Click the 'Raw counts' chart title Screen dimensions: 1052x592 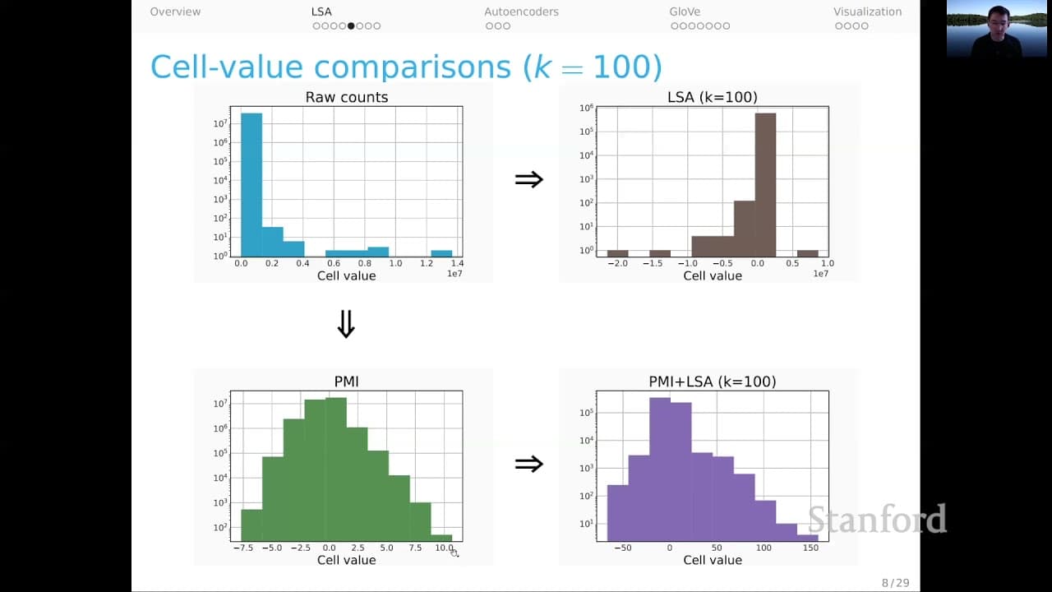pos(347,97)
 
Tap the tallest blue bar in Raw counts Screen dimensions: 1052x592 pos(251,185)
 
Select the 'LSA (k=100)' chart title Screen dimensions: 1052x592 pos(713,97)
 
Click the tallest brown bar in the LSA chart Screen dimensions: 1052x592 pos(765,185)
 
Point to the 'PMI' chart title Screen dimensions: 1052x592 pos(347,382)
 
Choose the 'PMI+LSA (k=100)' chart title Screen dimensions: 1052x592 pos(713,382)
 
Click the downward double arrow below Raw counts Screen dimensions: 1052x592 pos(346,324)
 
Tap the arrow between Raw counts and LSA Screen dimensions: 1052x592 pos(528,179)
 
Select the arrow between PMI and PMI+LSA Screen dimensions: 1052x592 pos(528,465)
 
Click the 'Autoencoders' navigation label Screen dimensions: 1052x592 pos(521,12)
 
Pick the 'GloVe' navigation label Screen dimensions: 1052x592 pos(685,12)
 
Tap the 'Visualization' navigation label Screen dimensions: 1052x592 pos(867,12)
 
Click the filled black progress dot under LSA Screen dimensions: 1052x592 pos(351,25)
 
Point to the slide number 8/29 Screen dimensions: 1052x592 pos(895,583)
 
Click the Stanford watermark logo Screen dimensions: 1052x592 pos(877,519)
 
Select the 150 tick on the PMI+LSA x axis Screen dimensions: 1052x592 pos(810,548)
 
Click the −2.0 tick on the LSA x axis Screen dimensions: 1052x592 pos(617,264)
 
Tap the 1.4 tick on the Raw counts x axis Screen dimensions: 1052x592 pos(458,263)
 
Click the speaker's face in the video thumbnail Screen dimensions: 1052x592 pos(998,21)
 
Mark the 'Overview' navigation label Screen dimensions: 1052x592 pos(175,12)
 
